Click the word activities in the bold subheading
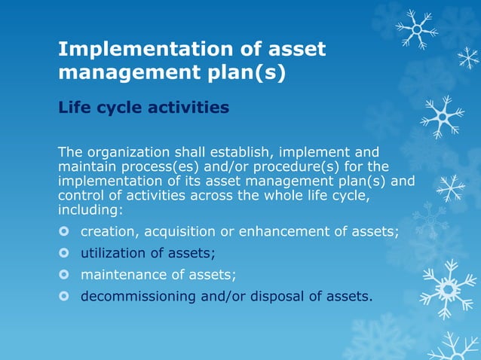(x=184, y=108)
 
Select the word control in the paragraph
(x=79, y=195)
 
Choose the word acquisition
(x=180, y=231)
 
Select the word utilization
(x=112, y=253)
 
